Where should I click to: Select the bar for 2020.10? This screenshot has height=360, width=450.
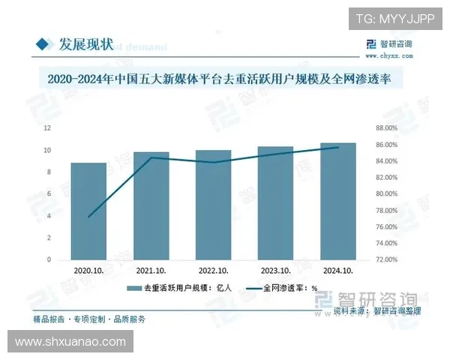88,211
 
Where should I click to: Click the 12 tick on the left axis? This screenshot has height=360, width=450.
47,128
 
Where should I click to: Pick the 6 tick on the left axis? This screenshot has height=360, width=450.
49,193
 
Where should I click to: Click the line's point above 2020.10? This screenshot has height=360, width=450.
88,217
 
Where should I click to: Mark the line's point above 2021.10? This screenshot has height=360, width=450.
151,157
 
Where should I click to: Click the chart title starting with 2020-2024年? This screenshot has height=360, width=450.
225,78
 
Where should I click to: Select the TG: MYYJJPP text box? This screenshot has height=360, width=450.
394,17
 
